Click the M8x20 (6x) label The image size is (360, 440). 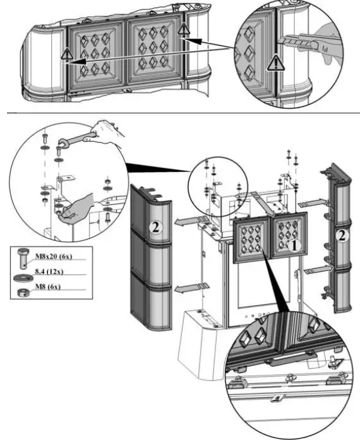(54, 256)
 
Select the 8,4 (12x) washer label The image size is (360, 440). (49, 271)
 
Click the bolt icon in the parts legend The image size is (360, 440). (23, 258)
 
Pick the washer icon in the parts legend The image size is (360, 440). (23, 278)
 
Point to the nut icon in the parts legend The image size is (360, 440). (23, 293)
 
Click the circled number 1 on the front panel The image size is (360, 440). (294, 246)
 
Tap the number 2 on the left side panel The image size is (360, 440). (155, 227)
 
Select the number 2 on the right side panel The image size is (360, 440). (342, 235)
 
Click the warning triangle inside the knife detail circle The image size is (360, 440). (276, 63)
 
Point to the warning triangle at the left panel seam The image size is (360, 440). (67, 54)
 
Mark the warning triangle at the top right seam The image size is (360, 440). (184, 29)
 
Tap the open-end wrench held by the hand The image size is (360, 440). (77, 139)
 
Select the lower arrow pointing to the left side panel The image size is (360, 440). (191, 288)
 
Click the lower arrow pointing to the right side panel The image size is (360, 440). (318, 270)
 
